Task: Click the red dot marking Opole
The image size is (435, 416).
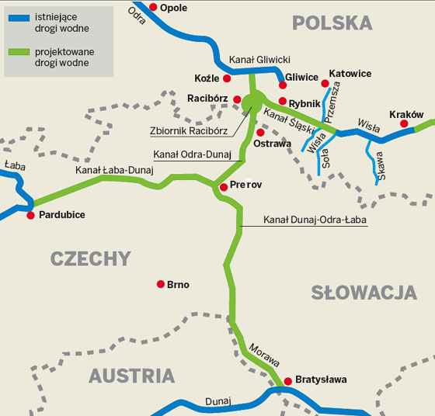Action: [153, 7]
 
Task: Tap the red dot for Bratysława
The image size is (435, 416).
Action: [287, 380]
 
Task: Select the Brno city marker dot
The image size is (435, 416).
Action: [161, 284]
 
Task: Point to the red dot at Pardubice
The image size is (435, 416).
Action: [31, 215]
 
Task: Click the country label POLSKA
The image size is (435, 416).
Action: [332, 23]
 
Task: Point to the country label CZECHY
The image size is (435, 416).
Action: [91, 258]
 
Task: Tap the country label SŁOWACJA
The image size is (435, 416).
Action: [364, 293]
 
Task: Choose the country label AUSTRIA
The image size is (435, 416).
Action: [131, 376]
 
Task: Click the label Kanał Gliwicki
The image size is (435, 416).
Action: [259, 59]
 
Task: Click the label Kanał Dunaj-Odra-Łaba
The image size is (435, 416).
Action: [315, 220]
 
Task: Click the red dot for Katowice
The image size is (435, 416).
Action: [325, 83]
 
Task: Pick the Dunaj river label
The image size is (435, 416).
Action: [218, 401]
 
